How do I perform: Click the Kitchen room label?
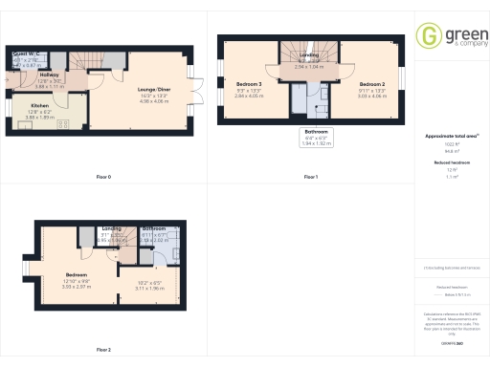point(39,105)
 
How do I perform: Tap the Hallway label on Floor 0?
point(51,75)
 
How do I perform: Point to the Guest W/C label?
point(24,53)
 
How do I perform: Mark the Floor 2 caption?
point(104,350)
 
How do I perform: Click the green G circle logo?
point(430,36)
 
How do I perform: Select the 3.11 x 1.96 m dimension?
point(150,290)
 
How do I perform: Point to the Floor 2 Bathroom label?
point(155,229)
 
